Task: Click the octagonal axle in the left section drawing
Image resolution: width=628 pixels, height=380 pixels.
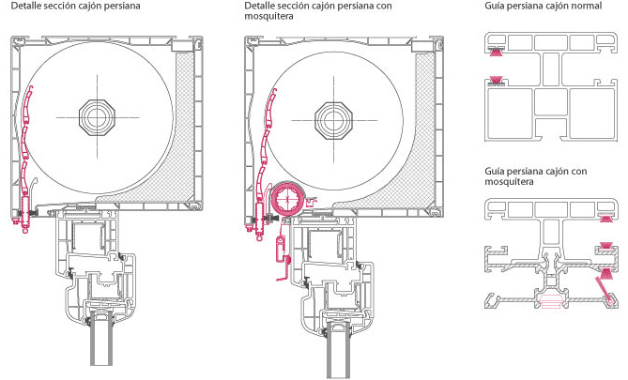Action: [97, 117]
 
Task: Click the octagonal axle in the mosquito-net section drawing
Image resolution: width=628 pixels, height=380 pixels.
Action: [333, 120]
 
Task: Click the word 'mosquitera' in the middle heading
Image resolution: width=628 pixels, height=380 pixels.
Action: [268, 16]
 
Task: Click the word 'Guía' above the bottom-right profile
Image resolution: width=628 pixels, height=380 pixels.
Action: [494, 172]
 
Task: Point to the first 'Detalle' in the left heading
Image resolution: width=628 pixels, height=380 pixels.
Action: [25, 6]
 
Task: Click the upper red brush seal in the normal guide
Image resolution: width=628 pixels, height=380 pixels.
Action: [497, 51]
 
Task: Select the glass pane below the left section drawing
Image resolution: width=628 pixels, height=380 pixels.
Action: [102, 339]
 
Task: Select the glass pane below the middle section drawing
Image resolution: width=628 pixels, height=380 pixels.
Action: [339, 350]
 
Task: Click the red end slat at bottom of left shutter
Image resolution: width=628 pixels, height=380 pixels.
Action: [26, 213]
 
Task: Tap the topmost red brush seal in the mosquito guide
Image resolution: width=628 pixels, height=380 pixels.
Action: [606, 219]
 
